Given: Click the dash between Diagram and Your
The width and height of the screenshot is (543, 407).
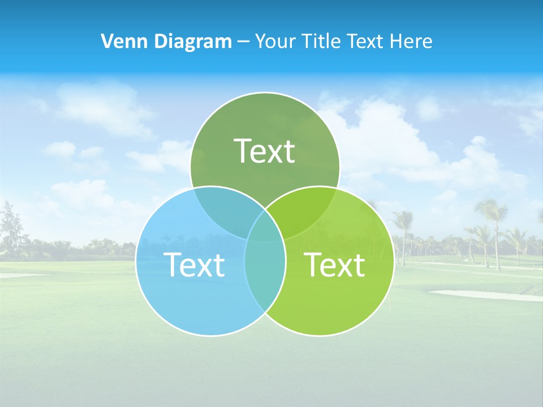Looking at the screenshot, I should coord(244,42).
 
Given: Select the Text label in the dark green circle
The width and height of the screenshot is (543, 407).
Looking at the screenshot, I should coord(265,151).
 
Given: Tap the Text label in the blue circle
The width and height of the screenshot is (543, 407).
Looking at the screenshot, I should coord(194,264).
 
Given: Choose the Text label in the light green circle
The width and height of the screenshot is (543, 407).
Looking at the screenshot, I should coord(335,264).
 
